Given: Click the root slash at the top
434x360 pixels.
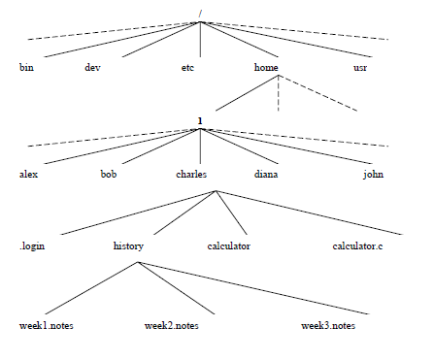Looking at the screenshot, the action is pos(200,14).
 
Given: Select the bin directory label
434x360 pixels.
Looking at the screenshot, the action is pos(26,67).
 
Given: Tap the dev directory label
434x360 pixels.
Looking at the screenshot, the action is pos(92,67).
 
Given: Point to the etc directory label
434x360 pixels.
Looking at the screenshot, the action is pos(187,67).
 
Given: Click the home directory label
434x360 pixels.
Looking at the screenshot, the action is pos(266,67).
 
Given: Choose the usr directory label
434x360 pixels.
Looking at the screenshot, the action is pos(360,68).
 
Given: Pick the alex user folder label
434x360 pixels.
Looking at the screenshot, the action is pos(28,174).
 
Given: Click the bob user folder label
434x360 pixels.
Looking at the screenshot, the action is pos(109,174).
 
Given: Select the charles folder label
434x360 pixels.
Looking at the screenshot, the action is pos(191,174).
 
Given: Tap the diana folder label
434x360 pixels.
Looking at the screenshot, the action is pos(266,174).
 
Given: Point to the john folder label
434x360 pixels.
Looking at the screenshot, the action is pos(373,175).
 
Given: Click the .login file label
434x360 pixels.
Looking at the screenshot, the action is pos(32,246).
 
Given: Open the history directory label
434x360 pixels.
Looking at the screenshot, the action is pos(128,246).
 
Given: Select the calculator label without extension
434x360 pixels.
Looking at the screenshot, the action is pos(229,245).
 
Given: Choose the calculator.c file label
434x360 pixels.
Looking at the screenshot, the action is pos(357,245).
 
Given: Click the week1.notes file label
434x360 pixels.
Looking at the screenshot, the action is pos(47,325).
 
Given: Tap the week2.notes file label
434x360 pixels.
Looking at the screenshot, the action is pos(172,325).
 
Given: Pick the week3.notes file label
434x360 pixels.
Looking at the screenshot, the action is pos(328,325).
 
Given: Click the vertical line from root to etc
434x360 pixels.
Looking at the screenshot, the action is pos(200,40).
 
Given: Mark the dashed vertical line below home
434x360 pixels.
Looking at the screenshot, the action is pos(279,93).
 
